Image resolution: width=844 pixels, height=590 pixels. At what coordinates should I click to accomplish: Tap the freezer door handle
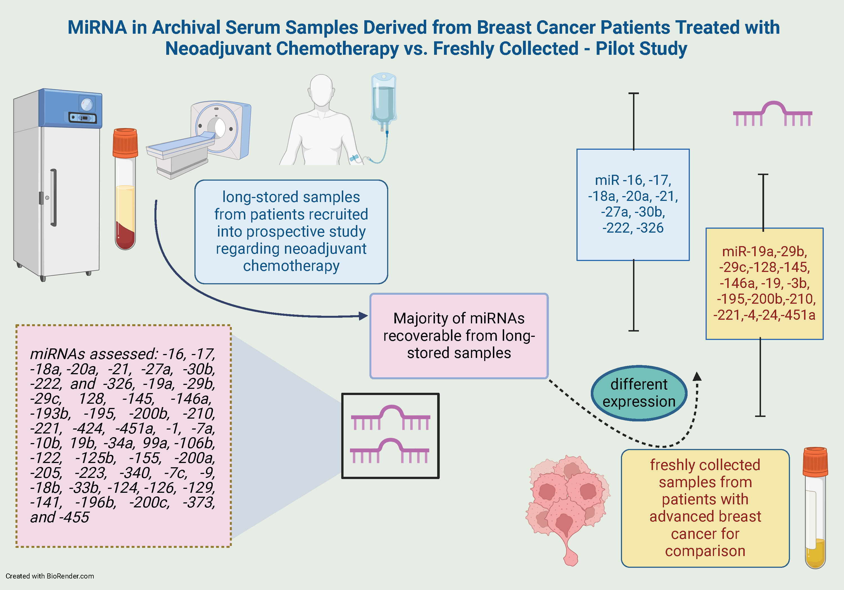tap(54, 198)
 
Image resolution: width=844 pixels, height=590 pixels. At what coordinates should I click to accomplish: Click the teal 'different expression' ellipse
tap(639, 393)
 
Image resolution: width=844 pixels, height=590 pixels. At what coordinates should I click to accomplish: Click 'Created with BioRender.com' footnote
tap(50, 576)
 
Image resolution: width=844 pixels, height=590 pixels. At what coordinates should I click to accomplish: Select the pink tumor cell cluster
tap(566, 503)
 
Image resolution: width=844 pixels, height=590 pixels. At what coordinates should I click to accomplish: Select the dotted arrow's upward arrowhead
tap(697, 376)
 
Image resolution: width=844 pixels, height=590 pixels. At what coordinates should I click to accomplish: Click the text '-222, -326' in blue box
tap(633, 228)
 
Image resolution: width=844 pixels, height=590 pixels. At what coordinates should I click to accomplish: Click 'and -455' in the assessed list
tap(60, 517)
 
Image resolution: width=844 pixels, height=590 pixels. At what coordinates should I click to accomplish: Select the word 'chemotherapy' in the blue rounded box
tap(291, 266)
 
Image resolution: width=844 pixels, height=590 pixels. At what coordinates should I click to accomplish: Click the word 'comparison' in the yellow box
tap(705, 551)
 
